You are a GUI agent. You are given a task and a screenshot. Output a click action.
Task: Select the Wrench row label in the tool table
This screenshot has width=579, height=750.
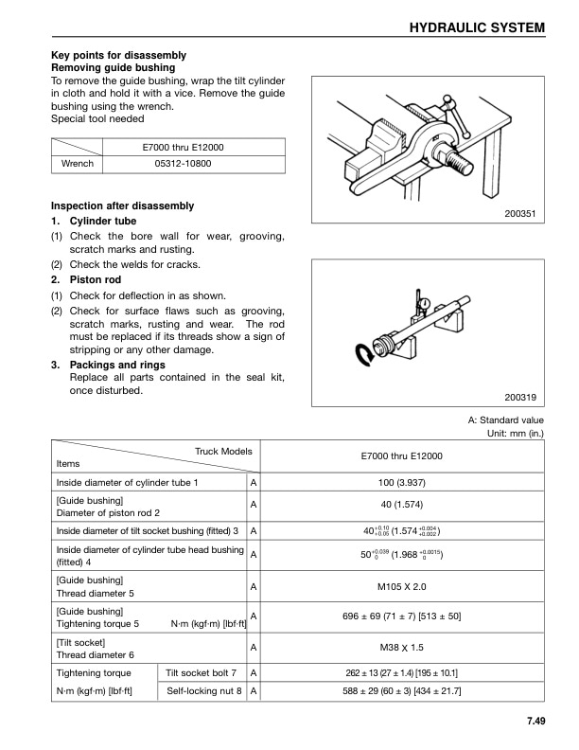coord(77,164)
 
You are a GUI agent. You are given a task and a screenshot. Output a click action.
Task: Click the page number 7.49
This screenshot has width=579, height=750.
coord(530,725)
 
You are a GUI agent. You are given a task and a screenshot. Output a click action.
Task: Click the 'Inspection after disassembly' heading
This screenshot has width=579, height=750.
coord(122,205)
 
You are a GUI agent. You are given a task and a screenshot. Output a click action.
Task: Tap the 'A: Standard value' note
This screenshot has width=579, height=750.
coord(506,420)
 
